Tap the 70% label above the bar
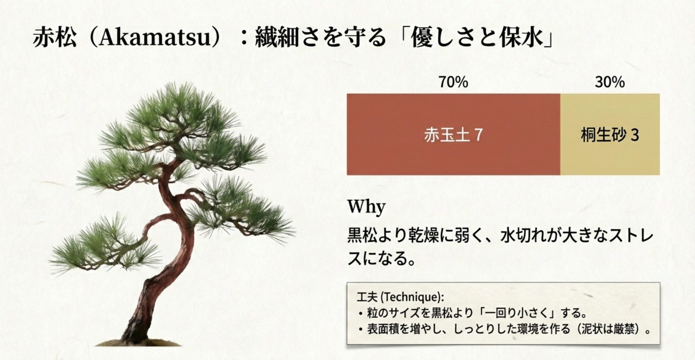coord(454,82)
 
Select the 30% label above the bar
coord(610,82)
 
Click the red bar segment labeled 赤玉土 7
coord(453,135)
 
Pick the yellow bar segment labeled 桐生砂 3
coord(610,135)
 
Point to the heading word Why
coord(367,207)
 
